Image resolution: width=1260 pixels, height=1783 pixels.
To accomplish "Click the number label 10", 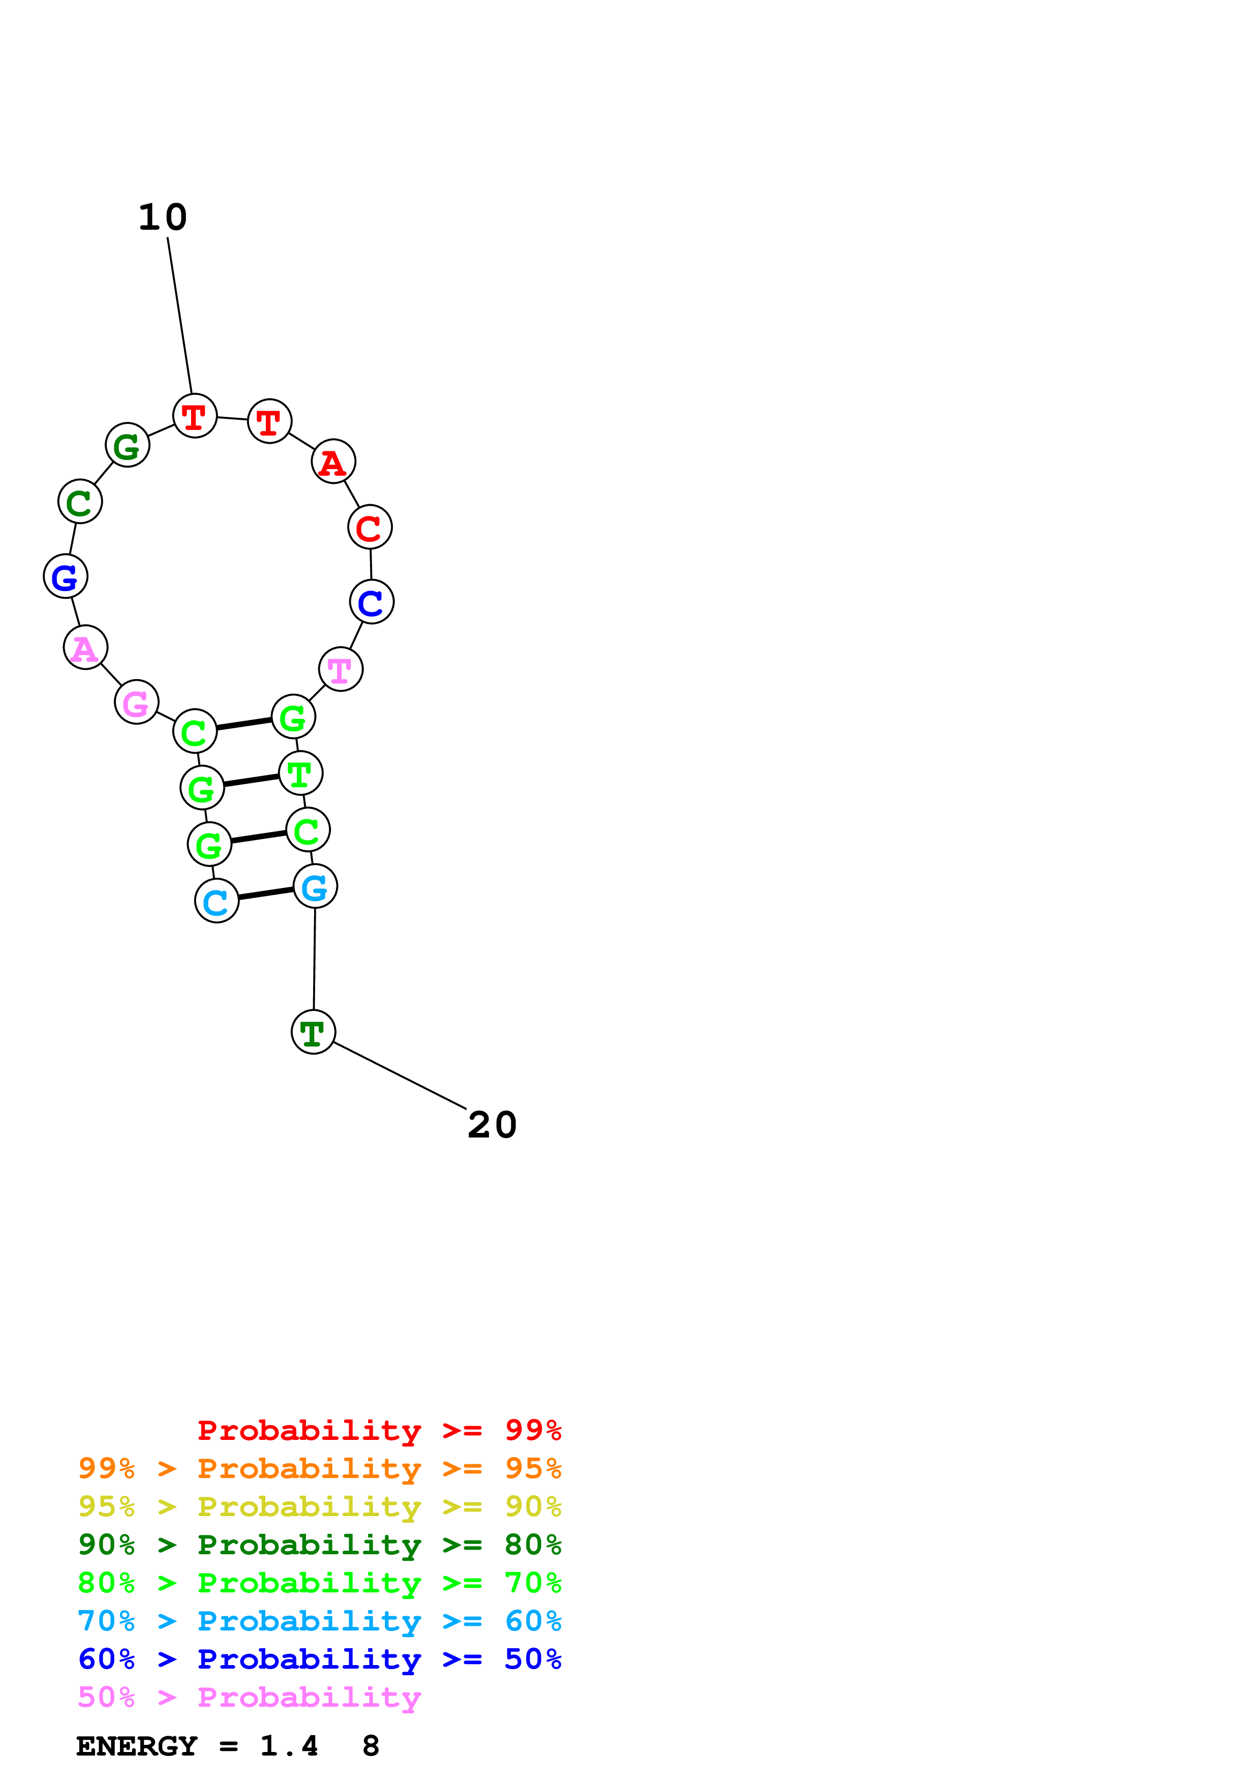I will [163, 218].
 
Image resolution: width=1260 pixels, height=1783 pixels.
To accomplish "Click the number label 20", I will [492, 1125].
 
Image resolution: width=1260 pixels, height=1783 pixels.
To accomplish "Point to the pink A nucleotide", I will [85, 648].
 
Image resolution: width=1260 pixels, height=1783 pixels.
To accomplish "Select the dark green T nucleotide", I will [314, 1032].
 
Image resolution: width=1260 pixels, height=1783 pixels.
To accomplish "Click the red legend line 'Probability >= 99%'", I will [379, 1430].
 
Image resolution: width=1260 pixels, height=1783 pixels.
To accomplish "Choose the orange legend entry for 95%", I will [320, 1468].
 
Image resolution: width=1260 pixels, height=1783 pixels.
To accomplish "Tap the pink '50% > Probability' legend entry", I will [249, 1697].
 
